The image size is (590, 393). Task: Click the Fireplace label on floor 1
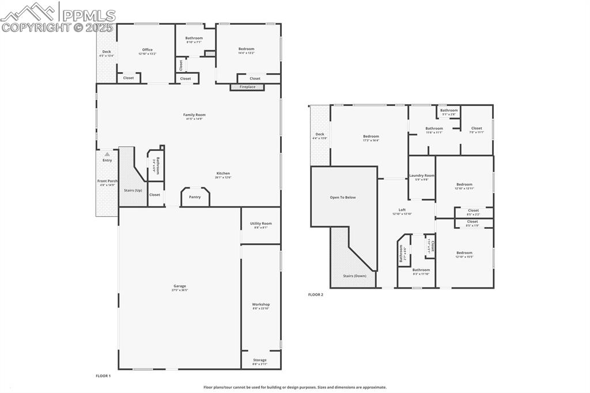(247, 87)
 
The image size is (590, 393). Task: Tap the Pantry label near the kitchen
(195, 197)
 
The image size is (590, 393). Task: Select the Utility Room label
(260, 224)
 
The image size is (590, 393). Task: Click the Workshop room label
(260, 304)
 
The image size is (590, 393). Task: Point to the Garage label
(180, 286)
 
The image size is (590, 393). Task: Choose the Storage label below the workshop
(260, 360)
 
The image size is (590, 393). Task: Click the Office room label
(147, 50)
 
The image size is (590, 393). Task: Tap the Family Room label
(194, 115)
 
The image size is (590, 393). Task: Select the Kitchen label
(223, 173)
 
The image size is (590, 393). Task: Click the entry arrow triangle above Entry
(107, 154)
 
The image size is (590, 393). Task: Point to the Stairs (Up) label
(133, 190)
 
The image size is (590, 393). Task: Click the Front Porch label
(107, 181)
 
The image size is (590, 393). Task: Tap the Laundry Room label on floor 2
(422, 175)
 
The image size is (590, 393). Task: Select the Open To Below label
(343, 197)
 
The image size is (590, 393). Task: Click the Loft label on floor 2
(402, 210)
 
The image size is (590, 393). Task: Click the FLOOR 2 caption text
(316, 294)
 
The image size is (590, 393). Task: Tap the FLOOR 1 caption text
(103, 376)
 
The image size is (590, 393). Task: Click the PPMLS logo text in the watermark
(89, 15)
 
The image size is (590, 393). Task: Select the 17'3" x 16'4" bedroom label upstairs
(370, 137)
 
